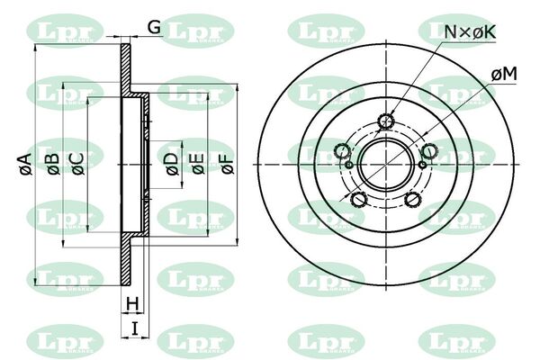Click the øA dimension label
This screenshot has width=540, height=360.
[26, 164]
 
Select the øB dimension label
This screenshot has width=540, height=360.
[53, 164]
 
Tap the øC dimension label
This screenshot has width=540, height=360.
[77, 164]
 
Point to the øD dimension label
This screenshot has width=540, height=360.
[173, 164]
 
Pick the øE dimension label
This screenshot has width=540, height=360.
[198, 164]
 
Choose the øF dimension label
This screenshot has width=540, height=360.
[228, 164]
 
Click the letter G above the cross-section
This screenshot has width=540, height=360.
[154, 26]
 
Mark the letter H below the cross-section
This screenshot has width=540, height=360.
[132, 304]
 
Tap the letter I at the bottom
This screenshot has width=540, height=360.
[135, 328]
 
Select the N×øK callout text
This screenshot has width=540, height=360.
[470, 32]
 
